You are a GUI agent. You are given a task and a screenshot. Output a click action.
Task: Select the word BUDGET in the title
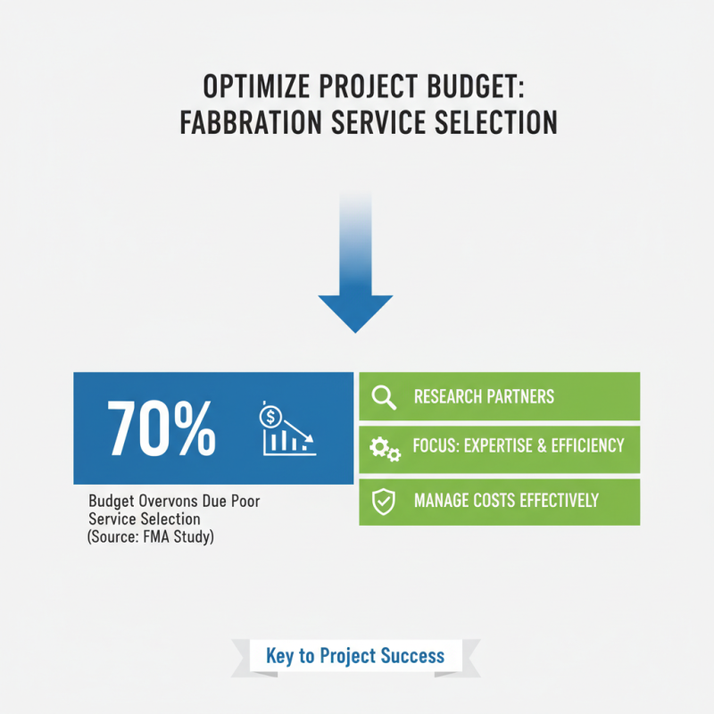[x=469, y=88]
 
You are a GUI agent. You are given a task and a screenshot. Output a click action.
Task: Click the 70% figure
[x=162, y=428]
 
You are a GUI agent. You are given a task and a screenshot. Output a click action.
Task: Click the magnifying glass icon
[x=384, y=396]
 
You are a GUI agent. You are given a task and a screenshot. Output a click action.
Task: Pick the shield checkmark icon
[x=384, y=502]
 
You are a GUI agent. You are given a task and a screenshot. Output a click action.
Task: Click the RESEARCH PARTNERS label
[x=484, y=396]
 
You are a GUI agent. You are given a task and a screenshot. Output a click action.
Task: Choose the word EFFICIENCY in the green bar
[x=585, y=445]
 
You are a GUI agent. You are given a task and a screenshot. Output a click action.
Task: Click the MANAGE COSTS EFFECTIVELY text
[x=506, y=501]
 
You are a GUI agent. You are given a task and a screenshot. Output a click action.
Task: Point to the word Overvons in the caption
[x=166, y=502]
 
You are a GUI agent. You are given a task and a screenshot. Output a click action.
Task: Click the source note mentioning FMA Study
[x=151, y=538]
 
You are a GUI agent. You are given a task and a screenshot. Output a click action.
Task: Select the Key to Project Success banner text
[x=355, y=656]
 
